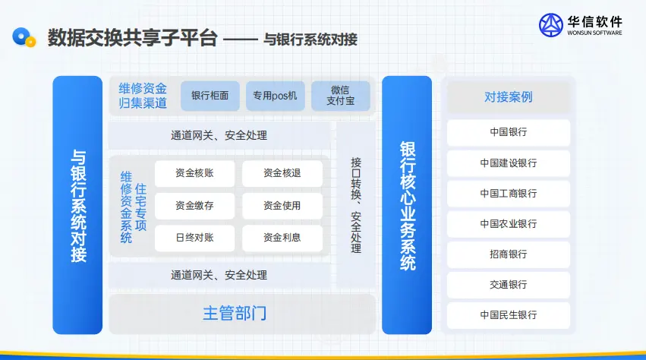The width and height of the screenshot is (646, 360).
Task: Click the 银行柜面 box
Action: pos(210,96)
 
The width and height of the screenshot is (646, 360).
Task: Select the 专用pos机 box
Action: pos(276,96)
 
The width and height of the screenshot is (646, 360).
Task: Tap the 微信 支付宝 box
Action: pos(341,96)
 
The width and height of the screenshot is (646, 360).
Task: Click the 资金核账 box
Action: pos(194,173)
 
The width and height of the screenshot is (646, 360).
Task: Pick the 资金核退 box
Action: pos(282,173)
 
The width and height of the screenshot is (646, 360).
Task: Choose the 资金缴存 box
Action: pos(194,205)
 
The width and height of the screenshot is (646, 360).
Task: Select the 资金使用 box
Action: pos(282,205)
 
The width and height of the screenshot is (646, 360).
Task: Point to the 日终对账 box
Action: pos(194,238)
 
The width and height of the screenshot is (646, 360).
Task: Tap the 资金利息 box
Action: pos(282,238)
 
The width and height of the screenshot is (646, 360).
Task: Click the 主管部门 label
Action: pos(235,314)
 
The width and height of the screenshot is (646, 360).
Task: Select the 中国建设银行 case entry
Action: pos(509,163)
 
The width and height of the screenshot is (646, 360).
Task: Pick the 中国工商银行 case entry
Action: pos(509,194)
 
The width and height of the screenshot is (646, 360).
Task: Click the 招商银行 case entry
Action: pos(509,254)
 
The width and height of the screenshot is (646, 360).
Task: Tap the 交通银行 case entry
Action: pos(509,285)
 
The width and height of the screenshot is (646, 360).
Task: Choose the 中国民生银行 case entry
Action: pos(509,315)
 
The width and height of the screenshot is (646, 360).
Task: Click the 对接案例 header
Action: pos(509,97)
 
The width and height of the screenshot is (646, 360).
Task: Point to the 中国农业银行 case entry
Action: pos(509,224)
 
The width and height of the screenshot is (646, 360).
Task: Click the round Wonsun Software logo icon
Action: pos(551,25)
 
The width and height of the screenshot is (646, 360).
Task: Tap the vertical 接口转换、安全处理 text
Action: pos(356,205)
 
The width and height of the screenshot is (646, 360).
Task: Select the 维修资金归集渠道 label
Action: pos(143,96)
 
